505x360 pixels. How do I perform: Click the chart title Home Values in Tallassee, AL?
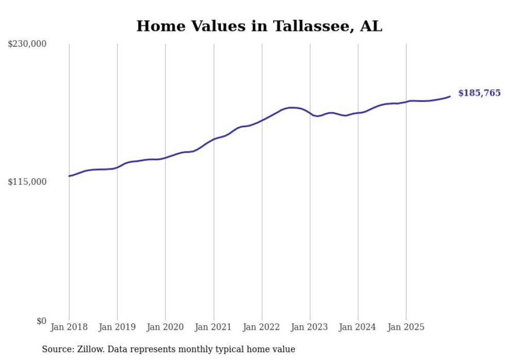pyautogui.click(x=259, y=26)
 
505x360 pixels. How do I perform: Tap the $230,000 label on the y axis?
pyautogui.click(x=27, y=44)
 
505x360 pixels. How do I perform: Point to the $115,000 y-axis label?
pyautogui.click(x=27, y=182)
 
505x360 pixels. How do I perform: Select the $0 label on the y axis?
pyautogui.click(x=41, y=321)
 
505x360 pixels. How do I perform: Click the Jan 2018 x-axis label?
pyautogui.click(x=69, y=327)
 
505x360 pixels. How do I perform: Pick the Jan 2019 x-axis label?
pyautogui.click(x=117, y=327)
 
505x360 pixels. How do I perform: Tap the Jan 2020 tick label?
pyautogui.click(x=165, y=327)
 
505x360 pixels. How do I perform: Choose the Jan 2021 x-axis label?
pyautogui.click(x=213, y=327)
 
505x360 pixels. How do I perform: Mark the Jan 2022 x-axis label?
pyautogui.click(x=262, y=327)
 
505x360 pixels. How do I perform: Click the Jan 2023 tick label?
pyautogui.click(x=310, y=327)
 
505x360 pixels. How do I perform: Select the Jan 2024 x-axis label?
pyautogui.click(x=358, y=327)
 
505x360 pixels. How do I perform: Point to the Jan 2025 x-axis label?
pyautogui.click(x=406, y=327)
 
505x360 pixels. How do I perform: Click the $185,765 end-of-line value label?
pyautogui.click(x=479, y=93)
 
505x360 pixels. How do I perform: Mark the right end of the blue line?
pyautogui.click(x=450, y=96)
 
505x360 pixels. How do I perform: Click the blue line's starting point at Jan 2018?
pyautogui.click(x=69, y=176)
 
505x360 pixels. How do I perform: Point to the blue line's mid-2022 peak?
pyautogui.click(x=293, y=108)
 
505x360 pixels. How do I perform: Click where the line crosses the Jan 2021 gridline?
pyautogui.click(x=213, y=139)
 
